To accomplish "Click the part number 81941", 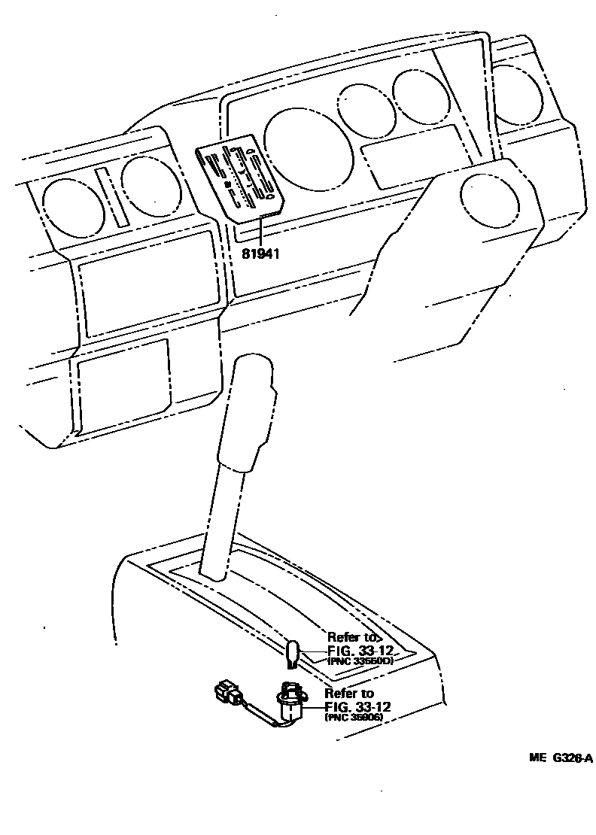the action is (x=260, y=254).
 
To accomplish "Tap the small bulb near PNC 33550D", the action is (x=293, y=652).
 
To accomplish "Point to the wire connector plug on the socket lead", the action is (x=227, y=692).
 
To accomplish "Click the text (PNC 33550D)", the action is (x=360, y=661).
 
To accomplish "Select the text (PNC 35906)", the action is (x=354, y=718).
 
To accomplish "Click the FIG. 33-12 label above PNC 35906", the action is (x=357, y=707).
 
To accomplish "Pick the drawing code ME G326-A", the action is (x=560, y=758).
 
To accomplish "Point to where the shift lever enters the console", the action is (x=214, y=574).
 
